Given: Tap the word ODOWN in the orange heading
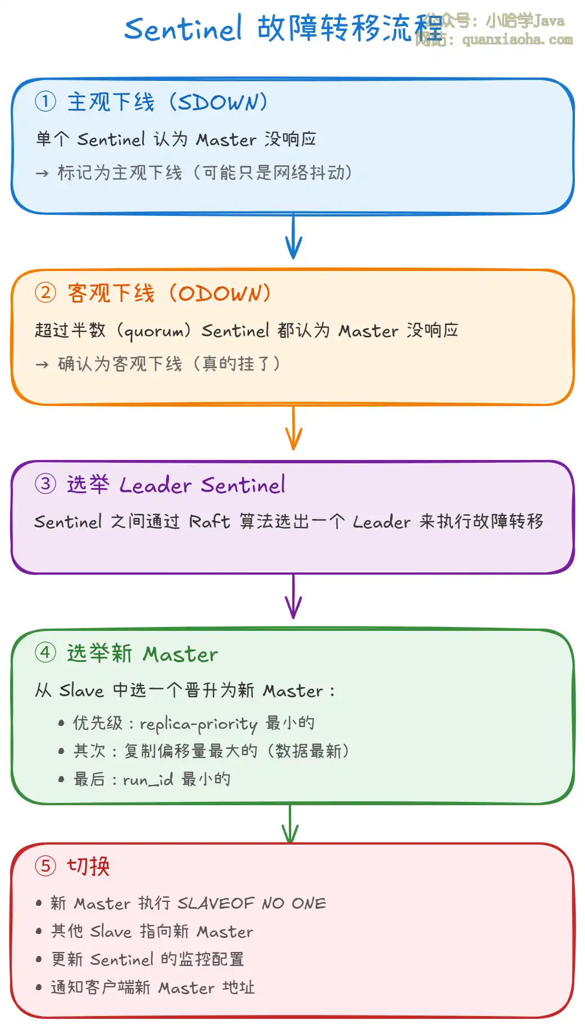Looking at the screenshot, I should tap(220, 294).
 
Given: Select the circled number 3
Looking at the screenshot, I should tap(46, 484).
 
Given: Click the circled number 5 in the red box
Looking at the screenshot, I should tap(46, 866).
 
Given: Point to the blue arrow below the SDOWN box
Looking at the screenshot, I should tap(293, 237).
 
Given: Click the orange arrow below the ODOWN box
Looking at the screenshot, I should tap(293, 428).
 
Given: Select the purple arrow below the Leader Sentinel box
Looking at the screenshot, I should tap(293, 597).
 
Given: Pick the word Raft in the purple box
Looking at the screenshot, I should tap(209, 522).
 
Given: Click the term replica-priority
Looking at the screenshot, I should tap(198, 724).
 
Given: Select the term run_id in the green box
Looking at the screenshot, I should tap(148, 780).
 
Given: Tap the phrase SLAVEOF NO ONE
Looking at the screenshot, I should tap(251, 903).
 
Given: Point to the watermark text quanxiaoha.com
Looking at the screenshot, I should tap(517, 40).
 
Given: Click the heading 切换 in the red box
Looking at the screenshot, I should tap(88, 866).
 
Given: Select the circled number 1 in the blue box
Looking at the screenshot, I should tap(46, 102).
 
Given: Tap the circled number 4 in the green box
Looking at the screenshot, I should tap(46, 653).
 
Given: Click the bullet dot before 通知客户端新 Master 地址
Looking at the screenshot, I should tap(39, 987).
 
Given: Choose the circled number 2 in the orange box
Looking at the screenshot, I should tap(46, 293).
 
